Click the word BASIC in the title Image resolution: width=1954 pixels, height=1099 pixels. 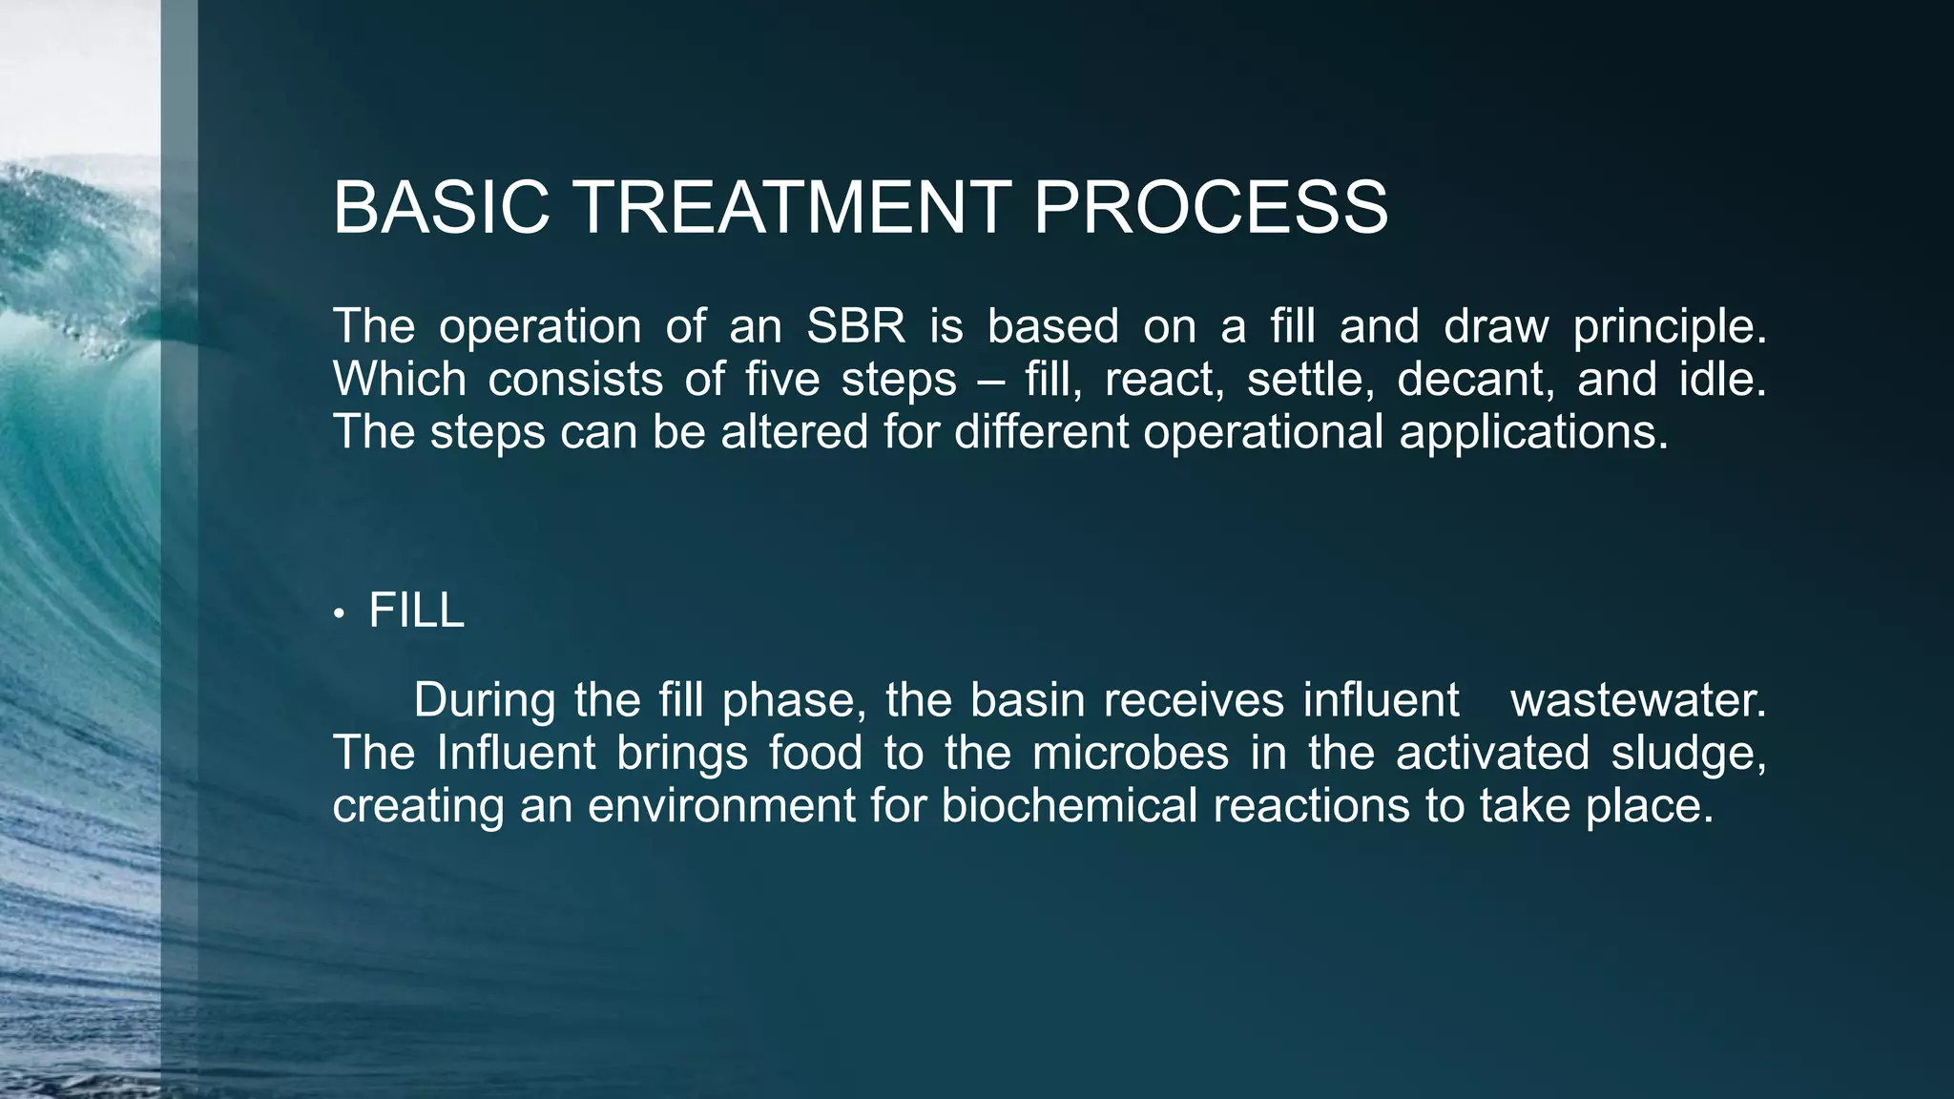click(442, 207)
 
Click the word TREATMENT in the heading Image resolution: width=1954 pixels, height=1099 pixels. click(792, 207)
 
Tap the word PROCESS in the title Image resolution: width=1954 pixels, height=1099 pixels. click(1211, 207)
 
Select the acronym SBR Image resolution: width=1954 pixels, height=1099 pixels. click(856, 327)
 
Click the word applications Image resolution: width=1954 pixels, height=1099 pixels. click(1533, 433)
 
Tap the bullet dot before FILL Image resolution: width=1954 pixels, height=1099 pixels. click(339, 614)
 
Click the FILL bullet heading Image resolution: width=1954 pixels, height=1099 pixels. click(416, 611)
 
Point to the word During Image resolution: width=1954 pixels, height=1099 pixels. click(484, 701)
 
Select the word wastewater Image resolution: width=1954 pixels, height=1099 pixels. click(1637, 701)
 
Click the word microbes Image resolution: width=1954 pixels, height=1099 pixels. click(1130, 754)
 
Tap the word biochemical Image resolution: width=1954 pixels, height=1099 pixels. click(1069, 806)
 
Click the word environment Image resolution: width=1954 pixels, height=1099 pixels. click(721, 806)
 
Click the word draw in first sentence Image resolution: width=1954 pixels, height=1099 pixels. click(1495, 327)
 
